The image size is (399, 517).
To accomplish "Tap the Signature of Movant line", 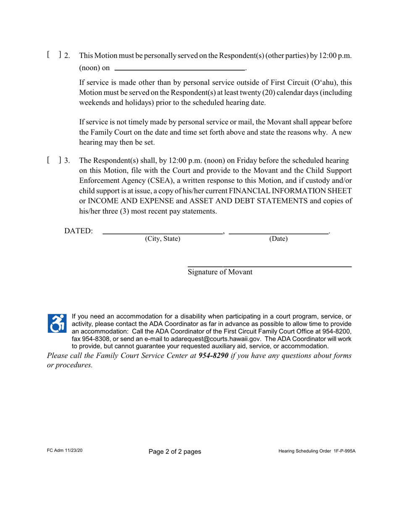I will [269, 266].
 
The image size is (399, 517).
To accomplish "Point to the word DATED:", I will [79, 231].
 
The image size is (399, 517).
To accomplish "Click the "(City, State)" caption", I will [163, 239].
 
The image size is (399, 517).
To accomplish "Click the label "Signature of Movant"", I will [220, 272].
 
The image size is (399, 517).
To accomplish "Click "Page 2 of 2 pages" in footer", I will [175, 452].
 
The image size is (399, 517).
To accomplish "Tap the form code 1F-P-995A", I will [341, 451].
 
